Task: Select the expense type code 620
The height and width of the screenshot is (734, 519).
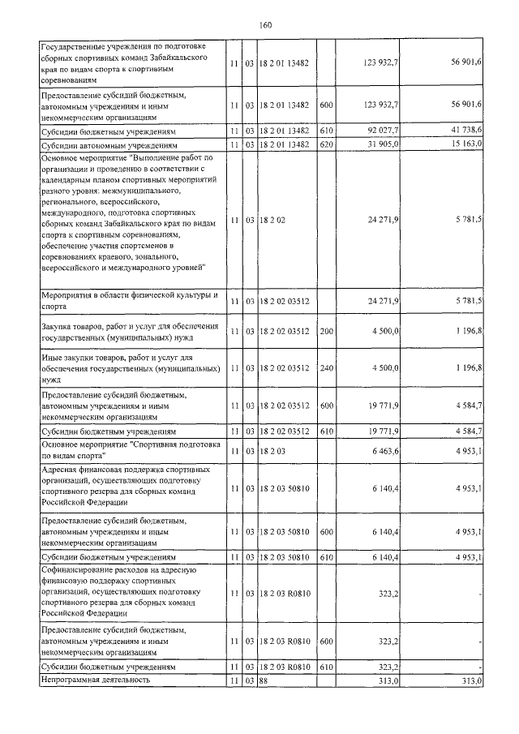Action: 327,144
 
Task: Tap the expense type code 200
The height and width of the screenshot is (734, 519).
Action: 327,331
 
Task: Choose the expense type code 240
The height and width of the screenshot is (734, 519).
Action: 327,367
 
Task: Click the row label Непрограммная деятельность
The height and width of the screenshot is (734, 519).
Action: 97,680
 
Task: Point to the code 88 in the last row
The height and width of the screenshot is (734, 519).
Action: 263,680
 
